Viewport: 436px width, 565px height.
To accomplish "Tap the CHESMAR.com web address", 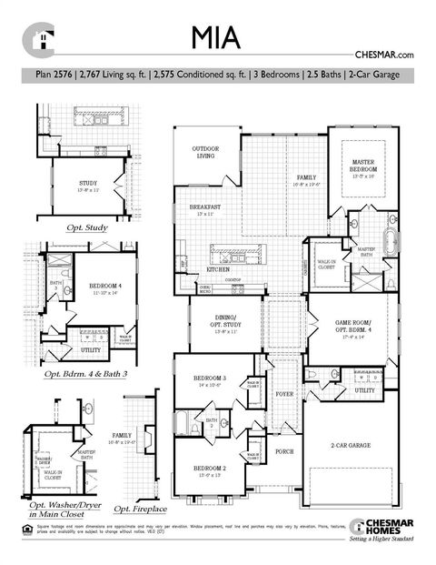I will tap(389, 55).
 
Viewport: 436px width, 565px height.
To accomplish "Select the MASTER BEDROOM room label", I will tap(363, 166).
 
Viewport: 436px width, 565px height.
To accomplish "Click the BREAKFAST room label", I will tap(206, 207).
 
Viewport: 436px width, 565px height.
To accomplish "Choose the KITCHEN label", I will tap(217, 270).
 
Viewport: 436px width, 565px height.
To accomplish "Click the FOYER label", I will tap(284, 395).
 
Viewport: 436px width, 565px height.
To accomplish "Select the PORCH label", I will tap(284, 451).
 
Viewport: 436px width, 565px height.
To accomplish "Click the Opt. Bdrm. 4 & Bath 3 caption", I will tap(91, 373).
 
